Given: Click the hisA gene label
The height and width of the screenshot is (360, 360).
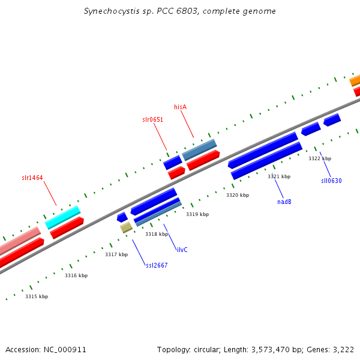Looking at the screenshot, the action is click(x=180, y=107).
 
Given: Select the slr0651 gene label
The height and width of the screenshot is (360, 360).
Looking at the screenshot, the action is click(x=152, y=119).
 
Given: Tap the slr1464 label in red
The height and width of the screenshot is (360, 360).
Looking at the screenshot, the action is click(x=32, y=178).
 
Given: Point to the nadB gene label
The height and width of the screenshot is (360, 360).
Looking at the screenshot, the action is click(x=284, y=202).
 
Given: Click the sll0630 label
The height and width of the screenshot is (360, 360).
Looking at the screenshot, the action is click(x=331, y=181).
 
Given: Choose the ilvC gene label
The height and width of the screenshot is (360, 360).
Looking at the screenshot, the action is click(x=182, y=250).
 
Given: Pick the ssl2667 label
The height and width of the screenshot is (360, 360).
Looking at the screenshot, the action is click(x=157, y=265).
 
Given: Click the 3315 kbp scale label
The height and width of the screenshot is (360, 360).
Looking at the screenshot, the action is click(x=37, y=296).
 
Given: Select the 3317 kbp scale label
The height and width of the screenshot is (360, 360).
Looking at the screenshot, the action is click(x=116, y=254).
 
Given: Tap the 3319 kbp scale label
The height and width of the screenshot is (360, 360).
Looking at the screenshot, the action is click(x=197, y=214).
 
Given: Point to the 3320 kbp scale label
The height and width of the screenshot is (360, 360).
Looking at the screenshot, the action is click(x=238, y=195).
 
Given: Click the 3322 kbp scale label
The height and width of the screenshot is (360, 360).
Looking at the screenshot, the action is click(x=320, y=158).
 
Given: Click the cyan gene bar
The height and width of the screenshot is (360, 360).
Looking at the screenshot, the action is click(x=62, y=217).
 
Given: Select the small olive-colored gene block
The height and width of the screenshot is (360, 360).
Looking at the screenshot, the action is click(x=126, y=227).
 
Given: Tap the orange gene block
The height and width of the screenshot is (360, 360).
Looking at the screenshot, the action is click(x=355, y=80).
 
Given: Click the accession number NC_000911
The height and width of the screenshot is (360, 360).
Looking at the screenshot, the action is click(x=65, y=350).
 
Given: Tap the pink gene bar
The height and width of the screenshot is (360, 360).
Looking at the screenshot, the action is click(x=20, y=241).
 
